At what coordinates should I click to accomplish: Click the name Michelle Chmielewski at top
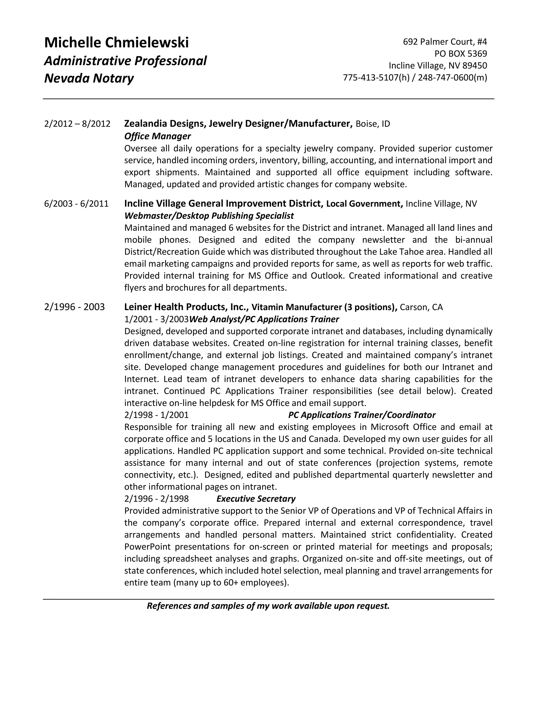tap(116, 43)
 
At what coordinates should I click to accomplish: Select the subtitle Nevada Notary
tap(89, 78)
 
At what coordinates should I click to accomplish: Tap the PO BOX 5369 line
tap(460, 54)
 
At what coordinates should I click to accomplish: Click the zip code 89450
tap(475, 66)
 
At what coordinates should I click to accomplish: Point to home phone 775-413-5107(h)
tap(376, 78)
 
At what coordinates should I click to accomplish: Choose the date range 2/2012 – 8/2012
tap(77, 124)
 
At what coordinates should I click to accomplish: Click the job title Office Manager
tap(157, 136)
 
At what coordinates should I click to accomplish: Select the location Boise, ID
tap(373, 124)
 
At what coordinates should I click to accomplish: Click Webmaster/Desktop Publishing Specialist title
tap(209, 216)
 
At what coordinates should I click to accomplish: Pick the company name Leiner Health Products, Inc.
tap(186, 307)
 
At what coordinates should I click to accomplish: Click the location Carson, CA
tap(421, 307)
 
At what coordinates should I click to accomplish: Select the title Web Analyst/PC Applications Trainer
tap(264, 319)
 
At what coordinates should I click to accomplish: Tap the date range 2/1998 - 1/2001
tap(156, 415)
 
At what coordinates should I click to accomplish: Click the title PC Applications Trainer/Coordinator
tap(362, 415)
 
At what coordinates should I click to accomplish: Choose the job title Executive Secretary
tap(256, 499)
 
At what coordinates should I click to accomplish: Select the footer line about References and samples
tap(268, 606)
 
